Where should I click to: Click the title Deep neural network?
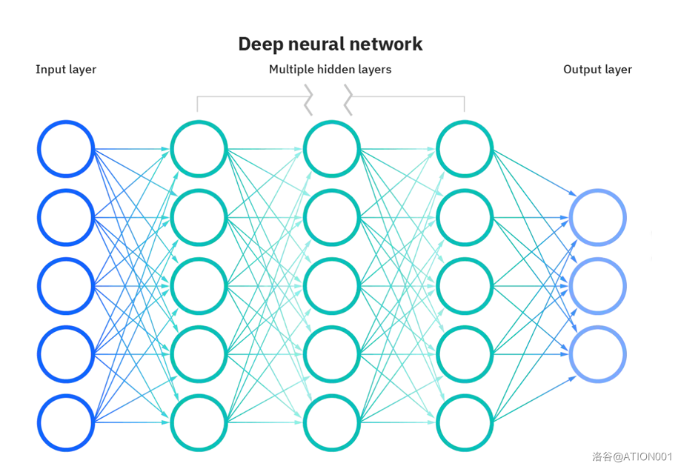click(330, 44)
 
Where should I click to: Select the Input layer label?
click(66, 70)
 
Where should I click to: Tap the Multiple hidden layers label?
click(330, 70)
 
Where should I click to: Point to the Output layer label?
click(597, 70)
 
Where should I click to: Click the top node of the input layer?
click(66, 149)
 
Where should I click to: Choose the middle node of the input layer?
click(66, 286)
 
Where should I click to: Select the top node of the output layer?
click(598, 218)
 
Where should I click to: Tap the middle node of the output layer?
click(598, 286)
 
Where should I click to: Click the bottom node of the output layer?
click(598, 354)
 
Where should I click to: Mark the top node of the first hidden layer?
click(199, 149)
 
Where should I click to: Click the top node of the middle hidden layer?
click(331, 149)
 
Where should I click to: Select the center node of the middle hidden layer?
click(331, 286)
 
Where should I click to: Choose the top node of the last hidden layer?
click(465, 149)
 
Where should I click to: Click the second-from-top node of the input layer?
click(66, 218)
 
